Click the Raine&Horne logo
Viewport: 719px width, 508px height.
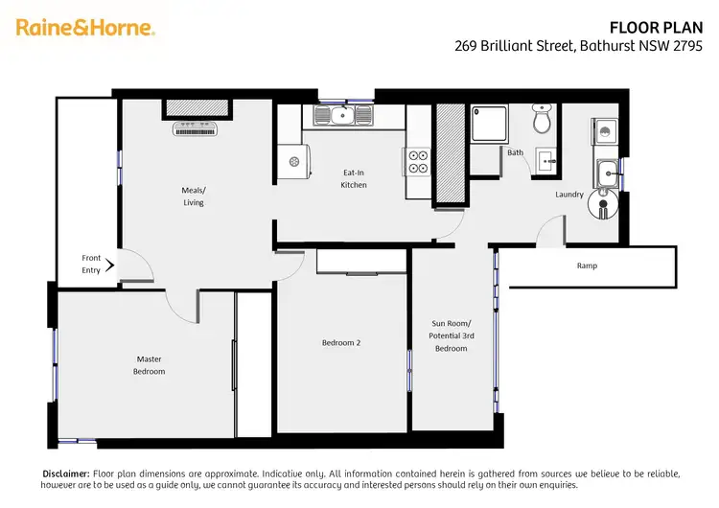(85, 28)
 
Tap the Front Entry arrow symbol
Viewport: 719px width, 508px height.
(110, 265)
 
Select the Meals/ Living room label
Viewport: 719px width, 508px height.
(193, 196)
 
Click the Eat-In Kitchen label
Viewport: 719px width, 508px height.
(354, 178)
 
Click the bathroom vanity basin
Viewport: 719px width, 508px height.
(547, 159)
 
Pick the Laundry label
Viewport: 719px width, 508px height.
(569, 195)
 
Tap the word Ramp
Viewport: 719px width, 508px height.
(587, 266)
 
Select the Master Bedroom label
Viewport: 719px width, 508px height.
(149, 365)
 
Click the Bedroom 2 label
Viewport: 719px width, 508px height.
(341, 342)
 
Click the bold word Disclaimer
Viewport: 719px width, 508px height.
(65, 473)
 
